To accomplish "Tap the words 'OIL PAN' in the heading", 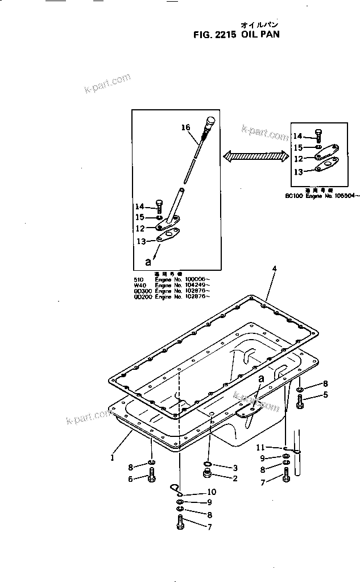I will point(260,34).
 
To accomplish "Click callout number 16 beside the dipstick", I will point(185,128).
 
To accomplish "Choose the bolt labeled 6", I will point(151,478).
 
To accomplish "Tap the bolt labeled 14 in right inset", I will point(319,135).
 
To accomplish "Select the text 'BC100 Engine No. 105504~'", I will point(323,195).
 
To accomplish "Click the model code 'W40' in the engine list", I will point(139,286).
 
